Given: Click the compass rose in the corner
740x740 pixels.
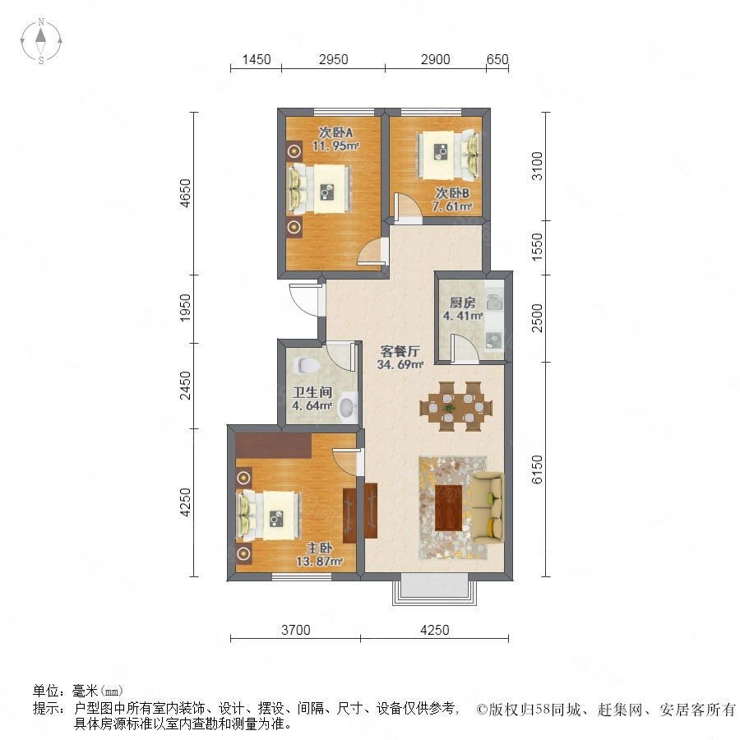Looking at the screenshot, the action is tap(41, 41).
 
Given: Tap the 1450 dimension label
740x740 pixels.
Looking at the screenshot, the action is tap(257, 59).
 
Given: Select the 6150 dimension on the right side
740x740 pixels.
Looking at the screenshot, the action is tap(537, 469).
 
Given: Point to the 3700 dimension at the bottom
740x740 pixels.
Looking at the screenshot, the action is tap(296, 630).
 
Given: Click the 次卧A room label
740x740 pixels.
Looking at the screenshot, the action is tap(335, 132).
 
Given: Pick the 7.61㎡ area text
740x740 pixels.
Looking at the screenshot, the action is tap(452, 206).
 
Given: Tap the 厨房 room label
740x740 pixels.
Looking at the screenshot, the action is tap(462, 302).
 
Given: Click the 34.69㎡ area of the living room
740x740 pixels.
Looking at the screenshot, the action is tap(400, 364).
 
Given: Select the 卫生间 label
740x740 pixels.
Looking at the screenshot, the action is tap(312, 392).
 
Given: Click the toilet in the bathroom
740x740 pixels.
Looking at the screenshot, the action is tap(307, 365).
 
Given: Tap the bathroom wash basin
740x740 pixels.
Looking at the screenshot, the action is tap(349, 407).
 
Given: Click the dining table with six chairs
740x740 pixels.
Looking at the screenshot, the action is tap(456, 406).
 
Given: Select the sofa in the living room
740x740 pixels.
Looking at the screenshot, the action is tap(489, 507).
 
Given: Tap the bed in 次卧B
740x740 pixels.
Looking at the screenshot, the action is tap(448, 155).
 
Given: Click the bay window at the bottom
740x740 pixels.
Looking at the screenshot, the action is tap(435, 589).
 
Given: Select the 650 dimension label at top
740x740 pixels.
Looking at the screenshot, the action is tap(497, 59).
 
